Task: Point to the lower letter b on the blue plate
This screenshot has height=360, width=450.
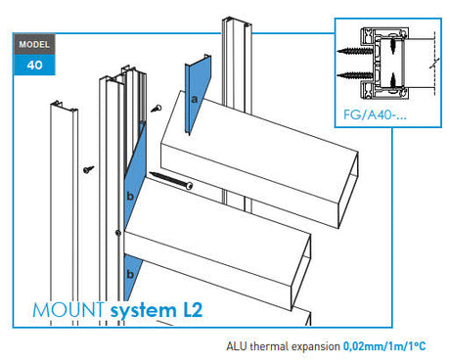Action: (x=128, y=271)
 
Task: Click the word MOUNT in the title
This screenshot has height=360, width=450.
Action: (x=68, y=311)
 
